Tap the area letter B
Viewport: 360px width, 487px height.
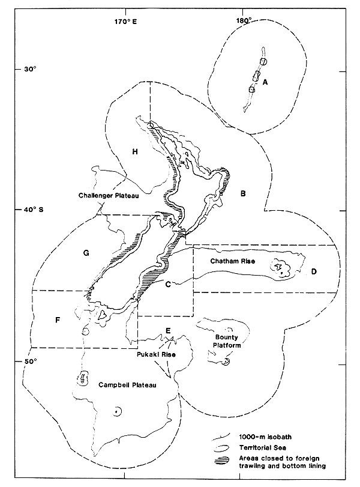click(242, 193)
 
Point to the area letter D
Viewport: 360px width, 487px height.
click(314, 272)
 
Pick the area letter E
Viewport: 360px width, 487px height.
click(168, 330)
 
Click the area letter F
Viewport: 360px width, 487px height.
click(57, 320)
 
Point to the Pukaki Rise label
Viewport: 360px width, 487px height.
click(154, 355)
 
